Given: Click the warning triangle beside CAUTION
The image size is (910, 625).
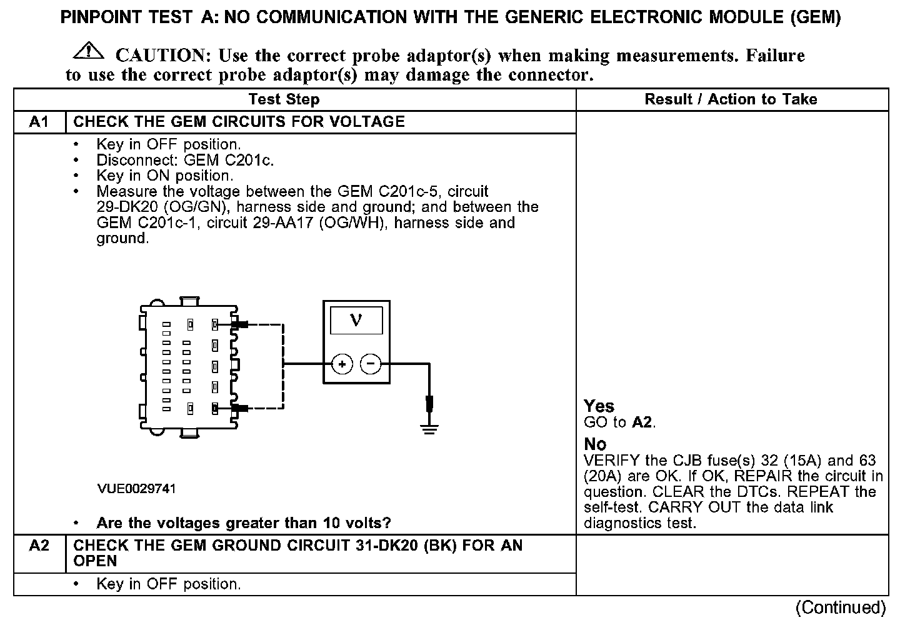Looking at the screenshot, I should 89,51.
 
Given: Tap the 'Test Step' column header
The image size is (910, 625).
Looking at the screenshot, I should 284,99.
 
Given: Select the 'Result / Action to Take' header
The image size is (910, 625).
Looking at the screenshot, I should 731,99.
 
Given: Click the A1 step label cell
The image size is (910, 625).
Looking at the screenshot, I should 39,122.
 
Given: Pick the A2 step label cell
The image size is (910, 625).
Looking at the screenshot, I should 39,546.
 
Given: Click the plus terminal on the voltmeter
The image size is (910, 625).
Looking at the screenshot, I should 342,364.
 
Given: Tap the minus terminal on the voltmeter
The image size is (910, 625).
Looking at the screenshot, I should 371,364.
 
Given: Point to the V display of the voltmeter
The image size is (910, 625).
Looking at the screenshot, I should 356,321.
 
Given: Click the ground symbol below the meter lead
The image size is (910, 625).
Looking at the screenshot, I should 429,428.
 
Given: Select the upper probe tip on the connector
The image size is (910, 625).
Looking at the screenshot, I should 241,324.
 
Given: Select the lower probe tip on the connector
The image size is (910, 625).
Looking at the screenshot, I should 241,409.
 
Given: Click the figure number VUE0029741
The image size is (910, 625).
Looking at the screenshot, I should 136,489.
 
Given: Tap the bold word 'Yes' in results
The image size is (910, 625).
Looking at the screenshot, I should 599,406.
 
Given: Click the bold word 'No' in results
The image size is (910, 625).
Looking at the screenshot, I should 595,444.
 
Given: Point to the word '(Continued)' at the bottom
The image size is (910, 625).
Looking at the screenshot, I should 840,607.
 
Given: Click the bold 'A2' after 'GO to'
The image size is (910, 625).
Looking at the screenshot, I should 642,422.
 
